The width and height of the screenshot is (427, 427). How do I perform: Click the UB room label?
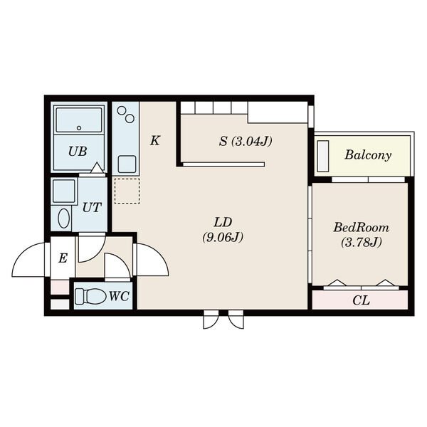(x=78, y=152)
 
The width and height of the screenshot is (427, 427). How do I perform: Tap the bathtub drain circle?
(x=79, y=128)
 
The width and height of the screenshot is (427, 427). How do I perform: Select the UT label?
(x=92, y=208)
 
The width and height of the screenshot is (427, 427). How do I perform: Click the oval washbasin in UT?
(x=64, y=218)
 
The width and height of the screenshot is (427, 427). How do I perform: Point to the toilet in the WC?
(x=90, y=296)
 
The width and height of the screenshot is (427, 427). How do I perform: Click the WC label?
(x=119, y=296)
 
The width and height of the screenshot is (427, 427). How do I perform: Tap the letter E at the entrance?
(x=63, y=258)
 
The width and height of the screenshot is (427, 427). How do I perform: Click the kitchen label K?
(x=155, y=141)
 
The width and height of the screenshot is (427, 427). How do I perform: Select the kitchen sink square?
(x=127, y=164)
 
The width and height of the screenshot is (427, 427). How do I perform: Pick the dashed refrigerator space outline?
(x=127, y=191)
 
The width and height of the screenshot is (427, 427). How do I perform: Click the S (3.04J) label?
(x=246, y=142)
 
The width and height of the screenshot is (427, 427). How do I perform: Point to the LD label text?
(x=223, y=223)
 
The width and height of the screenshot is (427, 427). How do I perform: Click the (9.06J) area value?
(x=223, y=238)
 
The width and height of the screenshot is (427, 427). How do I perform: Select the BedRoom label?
(x=361, y=228)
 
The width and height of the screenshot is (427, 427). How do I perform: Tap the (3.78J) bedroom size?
(x=361, y=243)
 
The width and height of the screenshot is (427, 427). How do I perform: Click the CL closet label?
(x=361, y=300)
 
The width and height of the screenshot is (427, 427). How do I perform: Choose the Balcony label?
(x=368, y=155)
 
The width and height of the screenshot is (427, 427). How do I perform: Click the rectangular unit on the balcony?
(x=323, y=156)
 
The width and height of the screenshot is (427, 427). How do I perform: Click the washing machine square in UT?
(x=64, y=191)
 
